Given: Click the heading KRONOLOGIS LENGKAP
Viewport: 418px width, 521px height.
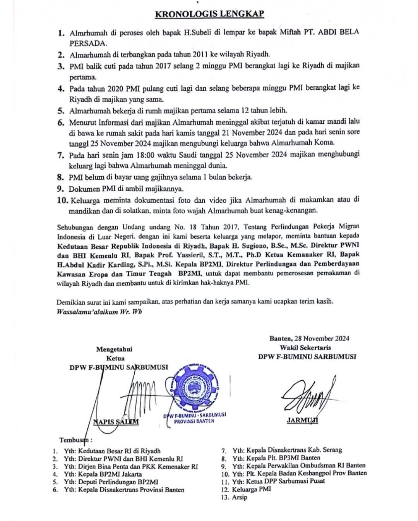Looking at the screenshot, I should pos(209,14).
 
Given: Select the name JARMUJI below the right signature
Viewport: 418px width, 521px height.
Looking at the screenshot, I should pos(302,420).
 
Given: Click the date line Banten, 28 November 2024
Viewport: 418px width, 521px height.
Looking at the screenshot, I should pos(309,338).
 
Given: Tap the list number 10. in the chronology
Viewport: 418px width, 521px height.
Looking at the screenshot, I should pos(62,200).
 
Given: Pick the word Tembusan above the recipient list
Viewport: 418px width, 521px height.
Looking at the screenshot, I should pos(75,440).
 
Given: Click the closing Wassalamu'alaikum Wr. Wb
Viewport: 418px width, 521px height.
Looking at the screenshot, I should pos(99,312).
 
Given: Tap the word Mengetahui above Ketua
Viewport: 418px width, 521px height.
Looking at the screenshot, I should pos(114,349).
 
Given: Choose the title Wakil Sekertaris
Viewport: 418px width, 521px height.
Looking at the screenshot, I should pos(305,347).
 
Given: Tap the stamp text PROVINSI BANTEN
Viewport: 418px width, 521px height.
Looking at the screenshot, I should pos(194,421).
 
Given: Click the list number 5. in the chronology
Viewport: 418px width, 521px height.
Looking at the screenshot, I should pos(61,111).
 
